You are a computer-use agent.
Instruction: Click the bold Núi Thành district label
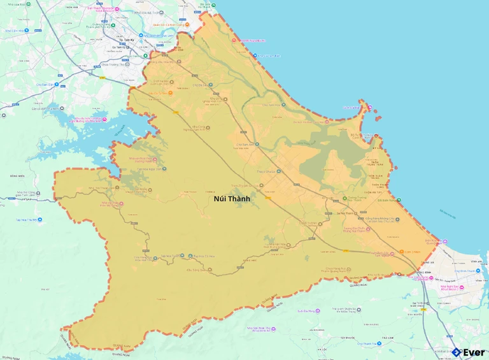pos(232,199)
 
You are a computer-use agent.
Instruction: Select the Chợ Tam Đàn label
pos(48,84)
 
